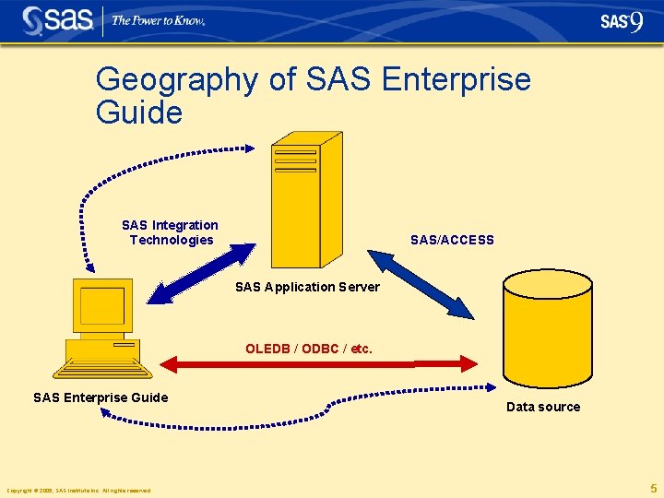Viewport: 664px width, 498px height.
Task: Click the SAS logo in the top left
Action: coord(57,20)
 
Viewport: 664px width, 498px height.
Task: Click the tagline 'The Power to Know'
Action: coord(158,20)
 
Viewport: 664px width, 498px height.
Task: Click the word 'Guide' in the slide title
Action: coord(139,113)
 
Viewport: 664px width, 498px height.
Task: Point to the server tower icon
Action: coord(304,198)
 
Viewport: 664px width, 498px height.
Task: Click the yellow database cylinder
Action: coord(547,332)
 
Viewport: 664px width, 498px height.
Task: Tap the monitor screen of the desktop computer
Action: coord(101,305)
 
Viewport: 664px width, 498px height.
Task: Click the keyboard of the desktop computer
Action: coord(102,370)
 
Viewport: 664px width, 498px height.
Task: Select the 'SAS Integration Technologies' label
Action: coord(171,232)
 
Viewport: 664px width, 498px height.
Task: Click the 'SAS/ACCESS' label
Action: coord(452,240)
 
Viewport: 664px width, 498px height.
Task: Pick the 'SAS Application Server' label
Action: coord(307,287)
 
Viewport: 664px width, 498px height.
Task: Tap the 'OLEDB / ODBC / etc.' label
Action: coord(309,349)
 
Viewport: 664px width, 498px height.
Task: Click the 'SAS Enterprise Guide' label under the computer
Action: coord(101,397)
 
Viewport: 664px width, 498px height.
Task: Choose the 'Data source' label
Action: coord(543,407)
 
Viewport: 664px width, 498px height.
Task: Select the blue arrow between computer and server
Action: coord(202,273)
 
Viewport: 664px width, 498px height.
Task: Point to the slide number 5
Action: coord(653,488)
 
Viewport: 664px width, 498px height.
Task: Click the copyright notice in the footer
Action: coord(78,490)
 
